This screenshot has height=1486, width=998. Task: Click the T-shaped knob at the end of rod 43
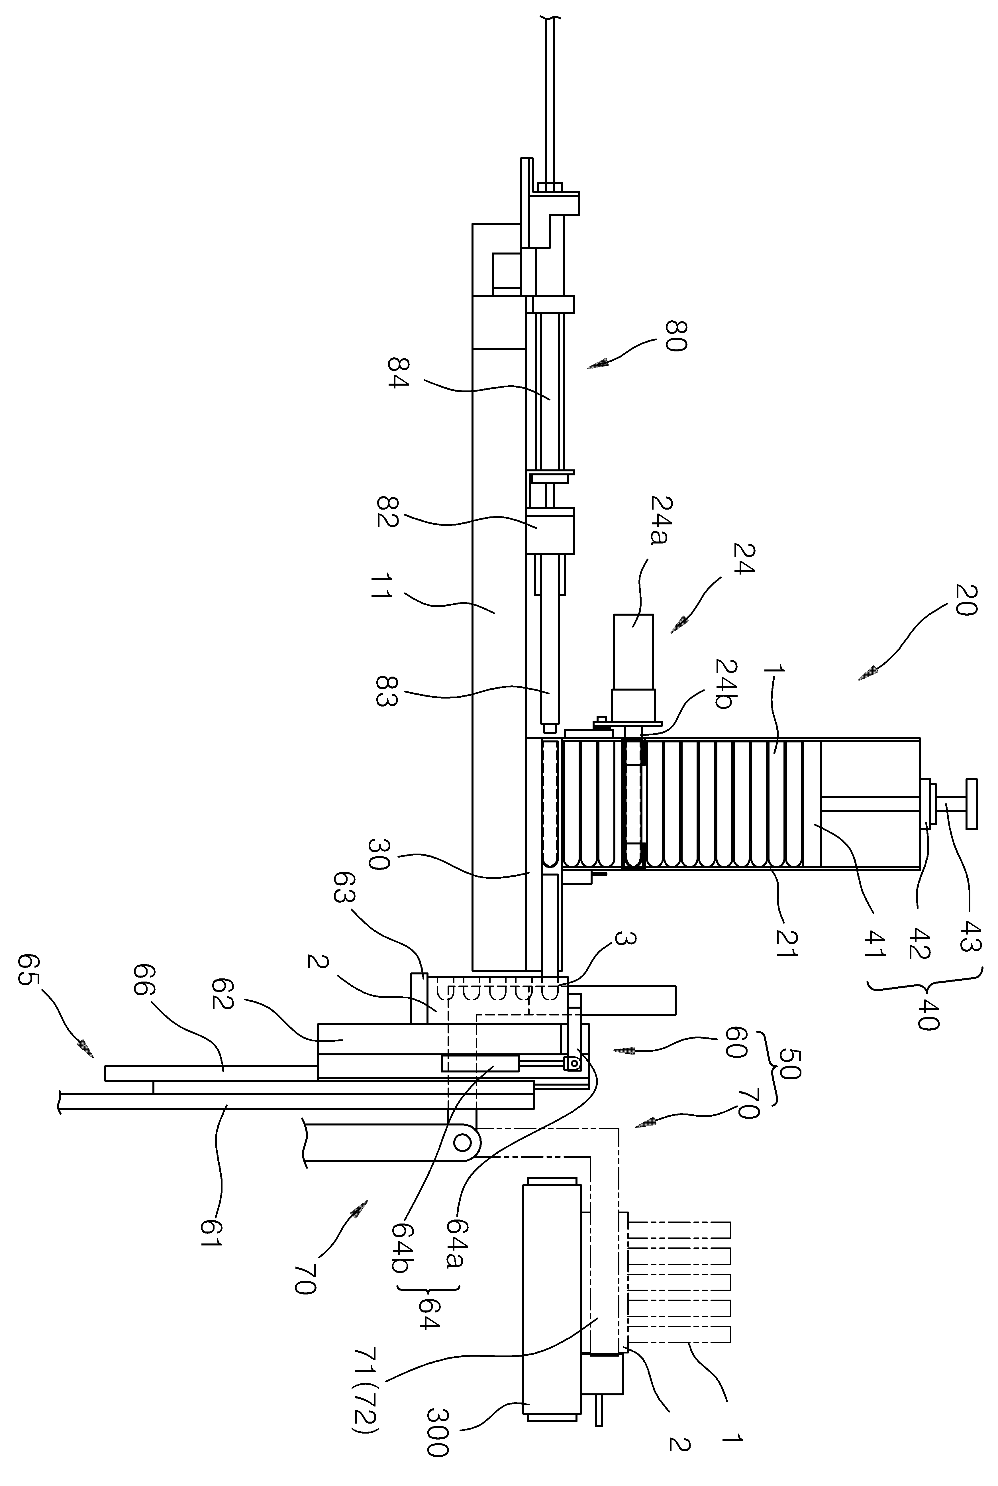coord(971,803)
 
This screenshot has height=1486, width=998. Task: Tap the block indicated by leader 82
coord(550,530)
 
